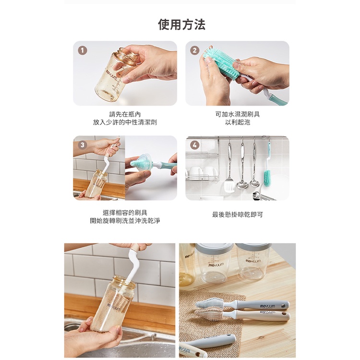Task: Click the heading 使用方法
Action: [181, 24]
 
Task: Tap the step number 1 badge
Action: [83, 50]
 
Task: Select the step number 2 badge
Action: [195, 50]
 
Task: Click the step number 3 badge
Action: [83, 145]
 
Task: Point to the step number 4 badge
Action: [195, 145]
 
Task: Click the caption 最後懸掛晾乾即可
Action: [238, 215]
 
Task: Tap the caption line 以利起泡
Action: [238, 122]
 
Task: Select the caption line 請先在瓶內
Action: [125, 114]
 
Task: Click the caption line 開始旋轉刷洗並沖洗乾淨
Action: [125, 221]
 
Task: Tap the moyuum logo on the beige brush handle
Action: [267, 312]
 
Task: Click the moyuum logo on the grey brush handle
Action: [267, 306]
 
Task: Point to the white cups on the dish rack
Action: [202, 173]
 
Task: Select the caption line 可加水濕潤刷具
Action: [238, 114]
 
